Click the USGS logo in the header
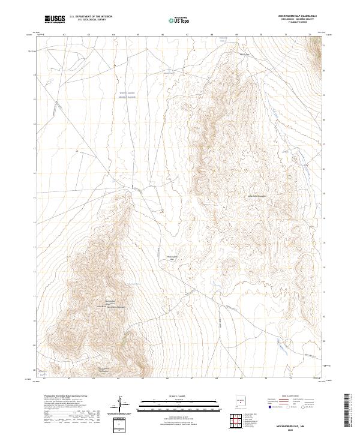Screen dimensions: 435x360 coord(55,19)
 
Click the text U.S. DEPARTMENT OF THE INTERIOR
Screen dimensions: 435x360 coord(91,17)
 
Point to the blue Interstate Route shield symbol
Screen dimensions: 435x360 coord(270,407)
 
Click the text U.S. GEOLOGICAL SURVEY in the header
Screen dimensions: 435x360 coord(87,20)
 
